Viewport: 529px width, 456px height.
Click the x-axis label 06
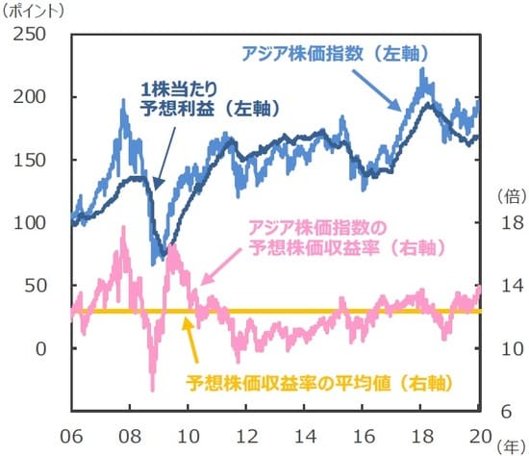tap(70, 433)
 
